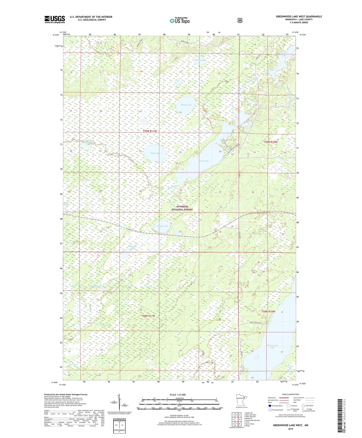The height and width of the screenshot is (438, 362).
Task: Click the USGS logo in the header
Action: pos(55,19)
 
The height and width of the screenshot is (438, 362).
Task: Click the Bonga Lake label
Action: pos(186,105)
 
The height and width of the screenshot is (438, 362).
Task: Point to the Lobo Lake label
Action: pos(155,153)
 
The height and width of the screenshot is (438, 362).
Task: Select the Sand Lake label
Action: pos(204,161)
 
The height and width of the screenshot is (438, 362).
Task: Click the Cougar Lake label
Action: pos(162,226)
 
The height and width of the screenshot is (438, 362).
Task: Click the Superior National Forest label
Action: pos(182,208)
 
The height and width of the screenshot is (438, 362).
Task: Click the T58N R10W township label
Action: pos(268,312)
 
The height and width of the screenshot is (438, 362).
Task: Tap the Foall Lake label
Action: pos(200,60)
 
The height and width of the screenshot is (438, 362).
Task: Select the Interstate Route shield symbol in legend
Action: pos(270,405)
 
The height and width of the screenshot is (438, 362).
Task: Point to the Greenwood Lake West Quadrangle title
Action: pos(299,17)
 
